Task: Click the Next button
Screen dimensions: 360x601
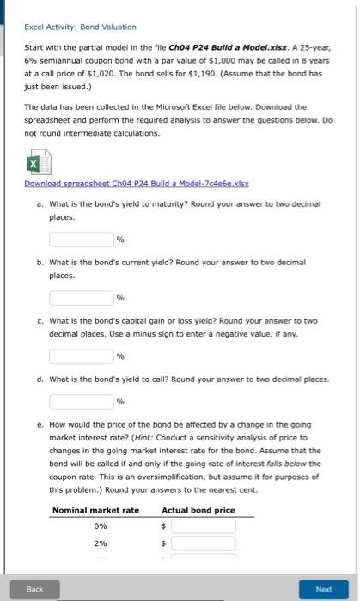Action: pos(323,590)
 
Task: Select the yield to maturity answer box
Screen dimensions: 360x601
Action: pos(81,239)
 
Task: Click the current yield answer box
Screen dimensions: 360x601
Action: pos(81,297)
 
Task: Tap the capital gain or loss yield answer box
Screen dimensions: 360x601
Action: pos(81,355)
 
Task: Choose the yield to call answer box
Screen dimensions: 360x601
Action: pos(81,401)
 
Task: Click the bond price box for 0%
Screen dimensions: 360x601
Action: pos(203,526)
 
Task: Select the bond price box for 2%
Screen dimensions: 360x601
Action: pos(203,544)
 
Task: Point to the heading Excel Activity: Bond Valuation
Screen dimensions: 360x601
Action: pos(80,27)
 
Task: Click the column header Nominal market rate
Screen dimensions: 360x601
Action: pos(95,510)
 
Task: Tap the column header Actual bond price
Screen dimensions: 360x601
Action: pos(198,510)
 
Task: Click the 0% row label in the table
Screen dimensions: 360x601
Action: pos(101,526)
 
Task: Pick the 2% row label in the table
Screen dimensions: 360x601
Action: pos(101,544)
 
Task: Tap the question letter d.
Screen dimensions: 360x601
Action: pos(40,378)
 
